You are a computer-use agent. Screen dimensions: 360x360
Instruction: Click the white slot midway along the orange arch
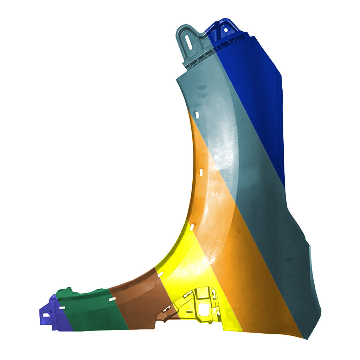[x=201, y=172]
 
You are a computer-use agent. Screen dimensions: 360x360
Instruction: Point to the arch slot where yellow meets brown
[x=160, y=274]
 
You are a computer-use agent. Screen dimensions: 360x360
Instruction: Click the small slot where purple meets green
[x=62, y=308]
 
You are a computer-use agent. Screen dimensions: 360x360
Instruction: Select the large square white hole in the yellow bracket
[x=204, y=309]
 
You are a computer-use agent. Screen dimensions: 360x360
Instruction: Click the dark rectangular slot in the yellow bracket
[x=189, y=311]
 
